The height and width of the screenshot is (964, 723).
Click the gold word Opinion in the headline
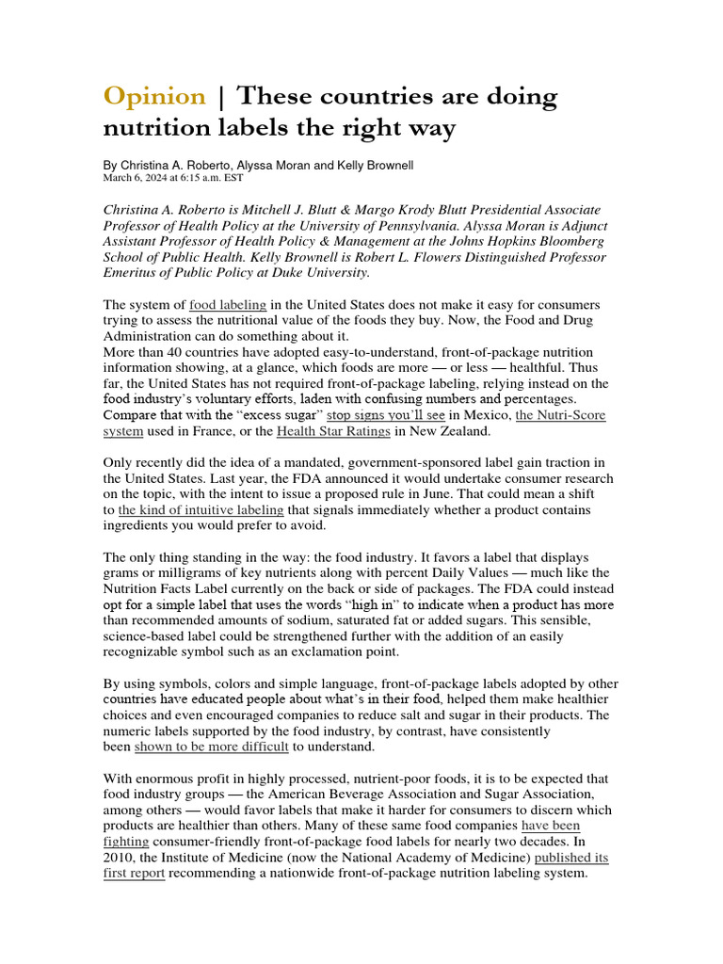[154, 96]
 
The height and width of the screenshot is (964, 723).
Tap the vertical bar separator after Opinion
[221, 96]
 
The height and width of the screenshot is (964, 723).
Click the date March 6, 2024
[137, 177]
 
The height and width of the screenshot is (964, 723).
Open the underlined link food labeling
[228, 305]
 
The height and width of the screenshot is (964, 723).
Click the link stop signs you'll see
[386, 415]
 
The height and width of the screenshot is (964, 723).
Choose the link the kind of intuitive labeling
[201, 509]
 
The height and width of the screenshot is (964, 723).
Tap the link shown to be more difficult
[211, 747]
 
